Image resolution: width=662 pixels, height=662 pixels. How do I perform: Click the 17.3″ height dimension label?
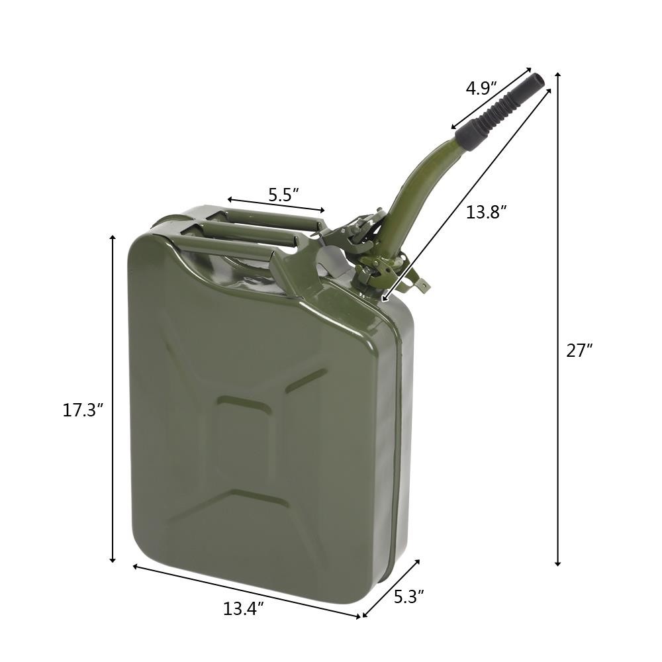coord(83,410)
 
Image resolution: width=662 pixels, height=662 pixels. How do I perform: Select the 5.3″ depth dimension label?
coord(408,596)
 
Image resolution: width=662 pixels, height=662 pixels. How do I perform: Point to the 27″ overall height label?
coord(579,351)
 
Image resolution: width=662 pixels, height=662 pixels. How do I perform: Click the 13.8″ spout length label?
coord(486,213)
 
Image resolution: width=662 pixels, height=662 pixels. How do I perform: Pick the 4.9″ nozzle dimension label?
coord(482,88)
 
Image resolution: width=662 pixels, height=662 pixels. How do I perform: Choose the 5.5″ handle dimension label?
coord(283,195)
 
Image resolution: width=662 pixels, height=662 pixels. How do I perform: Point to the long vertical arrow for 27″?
coord(558,318)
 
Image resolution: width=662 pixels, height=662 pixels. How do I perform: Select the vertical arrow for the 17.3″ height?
coord(113,397)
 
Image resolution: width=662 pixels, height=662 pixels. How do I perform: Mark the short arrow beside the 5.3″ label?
coord(391,589)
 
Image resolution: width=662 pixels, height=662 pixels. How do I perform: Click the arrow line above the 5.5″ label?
coord(276,205)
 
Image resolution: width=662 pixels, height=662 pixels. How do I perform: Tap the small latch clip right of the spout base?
coord(417,283)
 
